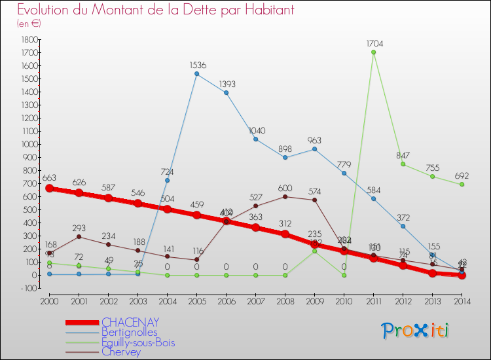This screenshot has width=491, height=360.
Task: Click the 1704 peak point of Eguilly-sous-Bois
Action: [373, 52]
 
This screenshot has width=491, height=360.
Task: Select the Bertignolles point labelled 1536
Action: [196, 74]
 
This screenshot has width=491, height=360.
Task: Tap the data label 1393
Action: [227, 84]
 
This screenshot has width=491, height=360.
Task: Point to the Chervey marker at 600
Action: [285, 196]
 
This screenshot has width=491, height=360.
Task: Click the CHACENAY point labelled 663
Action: [49, 188]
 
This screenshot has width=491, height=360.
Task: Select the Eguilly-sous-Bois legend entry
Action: [138, 342]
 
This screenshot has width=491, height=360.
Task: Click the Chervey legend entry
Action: [121, 351]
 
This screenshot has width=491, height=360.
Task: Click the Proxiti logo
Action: [416, 331]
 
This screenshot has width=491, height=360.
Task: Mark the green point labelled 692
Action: [462, 185]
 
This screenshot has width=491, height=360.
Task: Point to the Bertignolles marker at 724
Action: [167, 180]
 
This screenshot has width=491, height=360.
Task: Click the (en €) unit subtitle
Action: [29, 24]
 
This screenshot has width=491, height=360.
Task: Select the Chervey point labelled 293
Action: [79, 236]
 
